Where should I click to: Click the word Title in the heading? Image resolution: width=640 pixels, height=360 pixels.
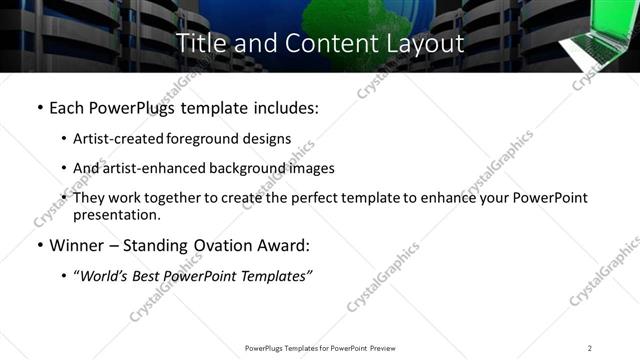click(x=200, y=43)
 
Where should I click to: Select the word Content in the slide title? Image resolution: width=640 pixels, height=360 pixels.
click(x=314, y=43)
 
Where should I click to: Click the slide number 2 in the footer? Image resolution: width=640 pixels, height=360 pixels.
click(x=590, y=348)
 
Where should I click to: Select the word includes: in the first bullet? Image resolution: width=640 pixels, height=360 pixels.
click(x=285, y=107)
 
